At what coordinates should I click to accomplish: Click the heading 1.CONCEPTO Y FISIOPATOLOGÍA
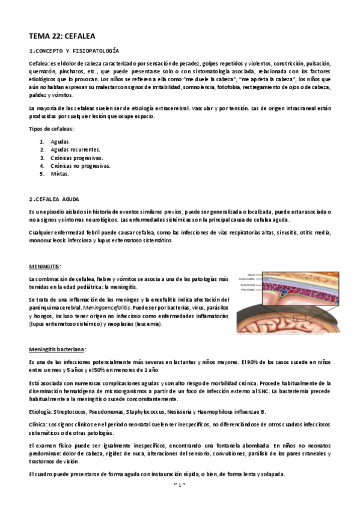coord(74,51)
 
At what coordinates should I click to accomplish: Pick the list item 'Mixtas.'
coord(59,174)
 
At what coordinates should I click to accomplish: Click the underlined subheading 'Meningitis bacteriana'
coord(57,348)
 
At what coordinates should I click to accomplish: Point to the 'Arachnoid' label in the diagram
coord(248,284)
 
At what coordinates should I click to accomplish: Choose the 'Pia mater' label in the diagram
coord(248,290)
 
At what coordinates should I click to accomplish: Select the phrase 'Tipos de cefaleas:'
coord(51,129)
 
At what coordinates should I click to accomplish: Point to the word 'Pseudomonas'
coord(106,411)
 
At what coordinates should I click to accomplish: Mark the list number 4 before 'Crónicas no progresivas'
coord(42,165)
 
